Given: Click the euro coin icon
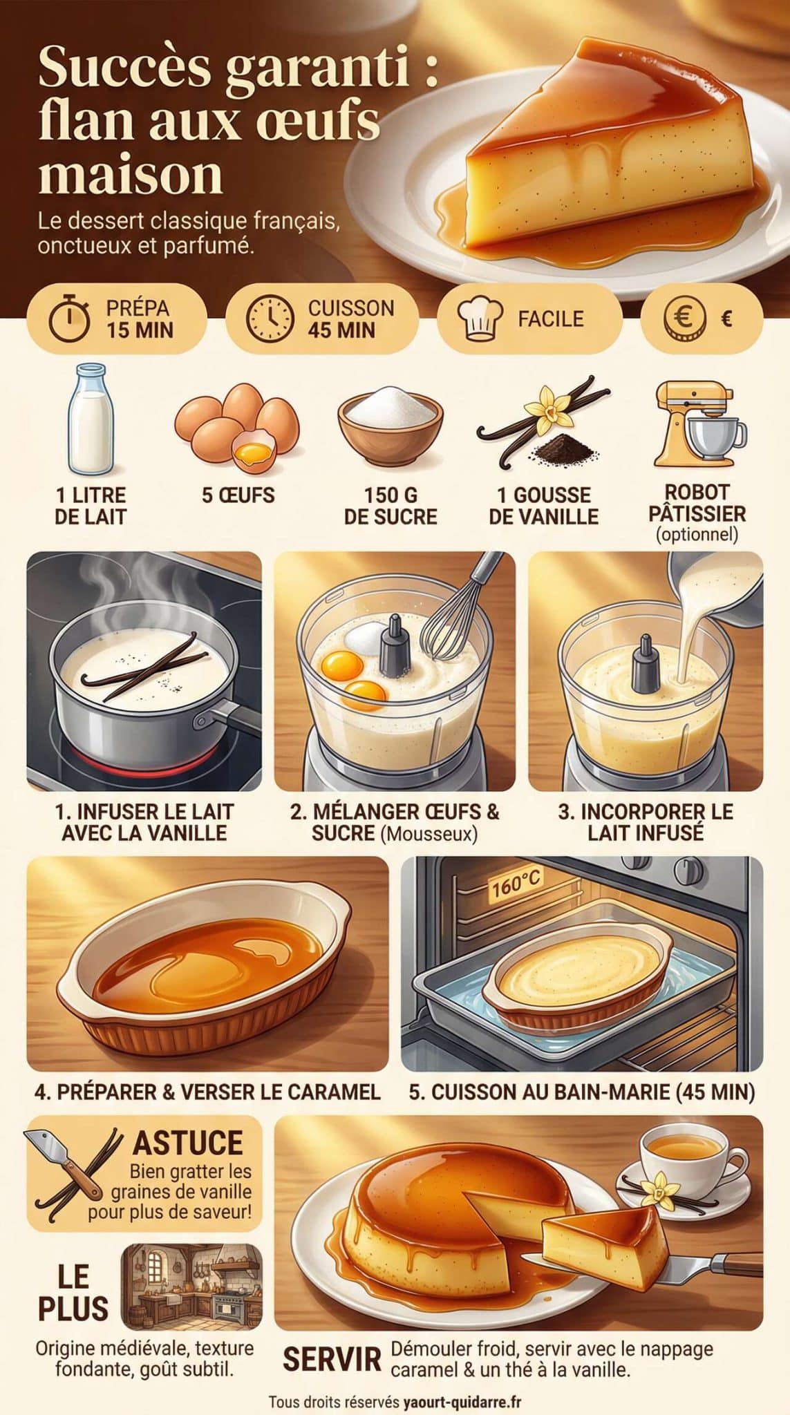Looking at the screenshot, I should tap(685, 319).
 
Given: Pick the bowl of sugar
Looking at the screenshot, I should tap(390, 424).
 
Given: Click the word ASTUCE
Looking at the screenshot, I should tap(188, 1143).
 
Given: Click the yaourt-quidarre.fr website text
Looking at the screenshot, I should tap(462, 1401).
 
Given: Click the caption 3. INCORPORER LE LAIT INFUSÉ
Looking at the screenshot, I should tap(646, 822).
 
